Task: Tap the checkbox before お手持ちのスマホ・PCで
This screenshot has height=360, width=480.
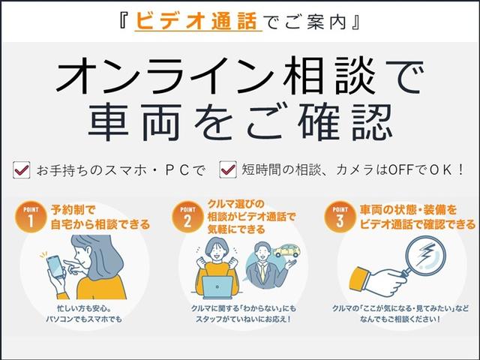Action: click(22, 170)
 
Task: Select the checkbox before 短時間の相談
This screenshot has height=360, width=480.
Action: click(227, 170)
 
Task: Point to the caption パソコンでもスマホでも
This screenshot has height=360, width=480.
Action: click(82, 319)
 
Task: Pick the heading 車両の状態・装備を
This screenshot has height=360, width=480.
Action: click(414, 211)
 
